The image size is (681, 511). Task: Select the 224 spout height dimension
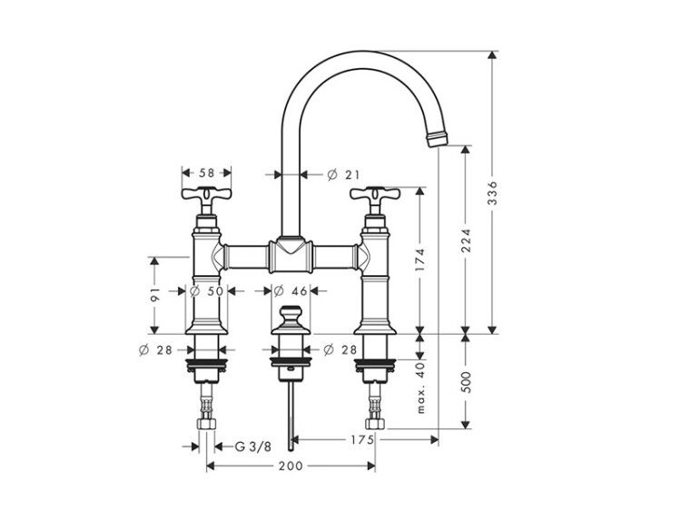466,241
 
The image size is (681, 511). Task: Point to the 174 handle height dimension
419,260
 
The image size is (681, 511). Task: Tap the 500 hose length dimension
466,381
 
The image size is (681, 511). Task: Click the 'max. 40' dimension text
420,388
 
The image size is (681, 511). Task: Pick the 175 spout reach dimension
362,440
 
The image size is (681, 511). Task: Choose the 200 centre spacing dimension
291,466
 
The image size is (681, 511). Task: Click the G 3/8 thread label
253,447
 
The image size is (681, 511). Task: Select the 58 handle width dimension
207,172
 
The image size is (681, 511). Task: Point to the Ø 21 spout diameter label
343,174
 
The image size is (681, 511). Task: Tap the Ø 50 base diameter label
207,290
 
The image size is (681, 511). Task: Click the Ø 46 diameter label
291,290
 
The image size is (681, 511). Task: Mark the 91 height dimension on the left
155,294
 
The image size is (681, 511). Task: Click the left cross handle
206,195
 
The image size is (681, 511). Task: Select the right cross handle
375,195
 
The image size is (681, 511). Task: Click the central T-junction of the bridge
291,254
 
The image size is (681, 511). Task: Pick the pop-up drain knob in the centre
291,320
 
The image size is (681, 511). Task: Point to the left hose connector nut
207,424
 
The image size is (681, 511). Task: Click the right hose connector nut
375,424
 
